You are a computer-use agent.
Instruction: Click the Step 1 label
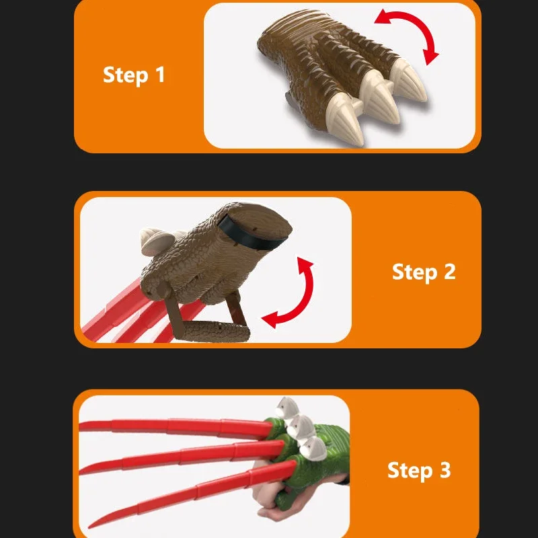click(x=134, y=75)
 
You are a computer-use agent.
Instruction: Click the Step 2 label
click(x=424, y=272)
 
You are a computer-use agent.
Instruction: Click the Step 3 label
click(x=419, y=470)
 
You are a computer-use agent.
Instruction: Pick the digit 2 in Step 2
click(x=448, y=272)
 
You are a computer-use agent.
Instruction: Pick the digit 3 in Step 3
click(x=444, y=470)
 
